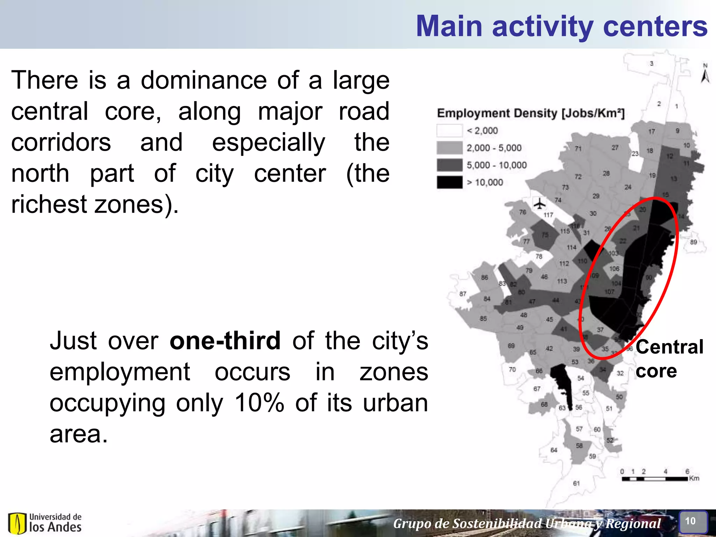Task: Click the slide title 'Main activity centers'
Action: [561, 26]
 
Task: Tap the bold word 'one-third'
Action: [225, 341]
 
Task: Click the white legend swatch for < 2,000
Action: [449, 131]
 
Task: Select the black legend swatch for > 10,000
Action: [449, 182]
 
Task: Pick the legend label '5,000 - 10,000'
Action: [496, 165]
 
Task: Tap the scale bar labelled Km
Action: [655, 479]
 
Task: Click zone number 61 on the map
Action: [576, 484]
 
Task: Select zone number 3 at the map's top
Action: [651, 63]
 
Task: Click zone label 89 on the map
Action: [694, 242]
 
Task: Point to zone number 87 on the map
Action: [463, 294]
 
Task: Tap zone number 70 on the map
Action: [512, 370]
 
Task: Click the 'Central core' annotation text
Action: [669, 358]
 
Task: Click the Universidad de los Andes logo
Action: [45, 523]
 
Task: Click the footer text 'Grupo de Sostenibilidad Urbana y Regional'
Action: [527, 524]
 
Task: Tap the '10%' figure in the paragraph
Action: [259, 403]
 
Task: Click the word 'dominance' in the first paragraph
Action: [204, 80]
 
